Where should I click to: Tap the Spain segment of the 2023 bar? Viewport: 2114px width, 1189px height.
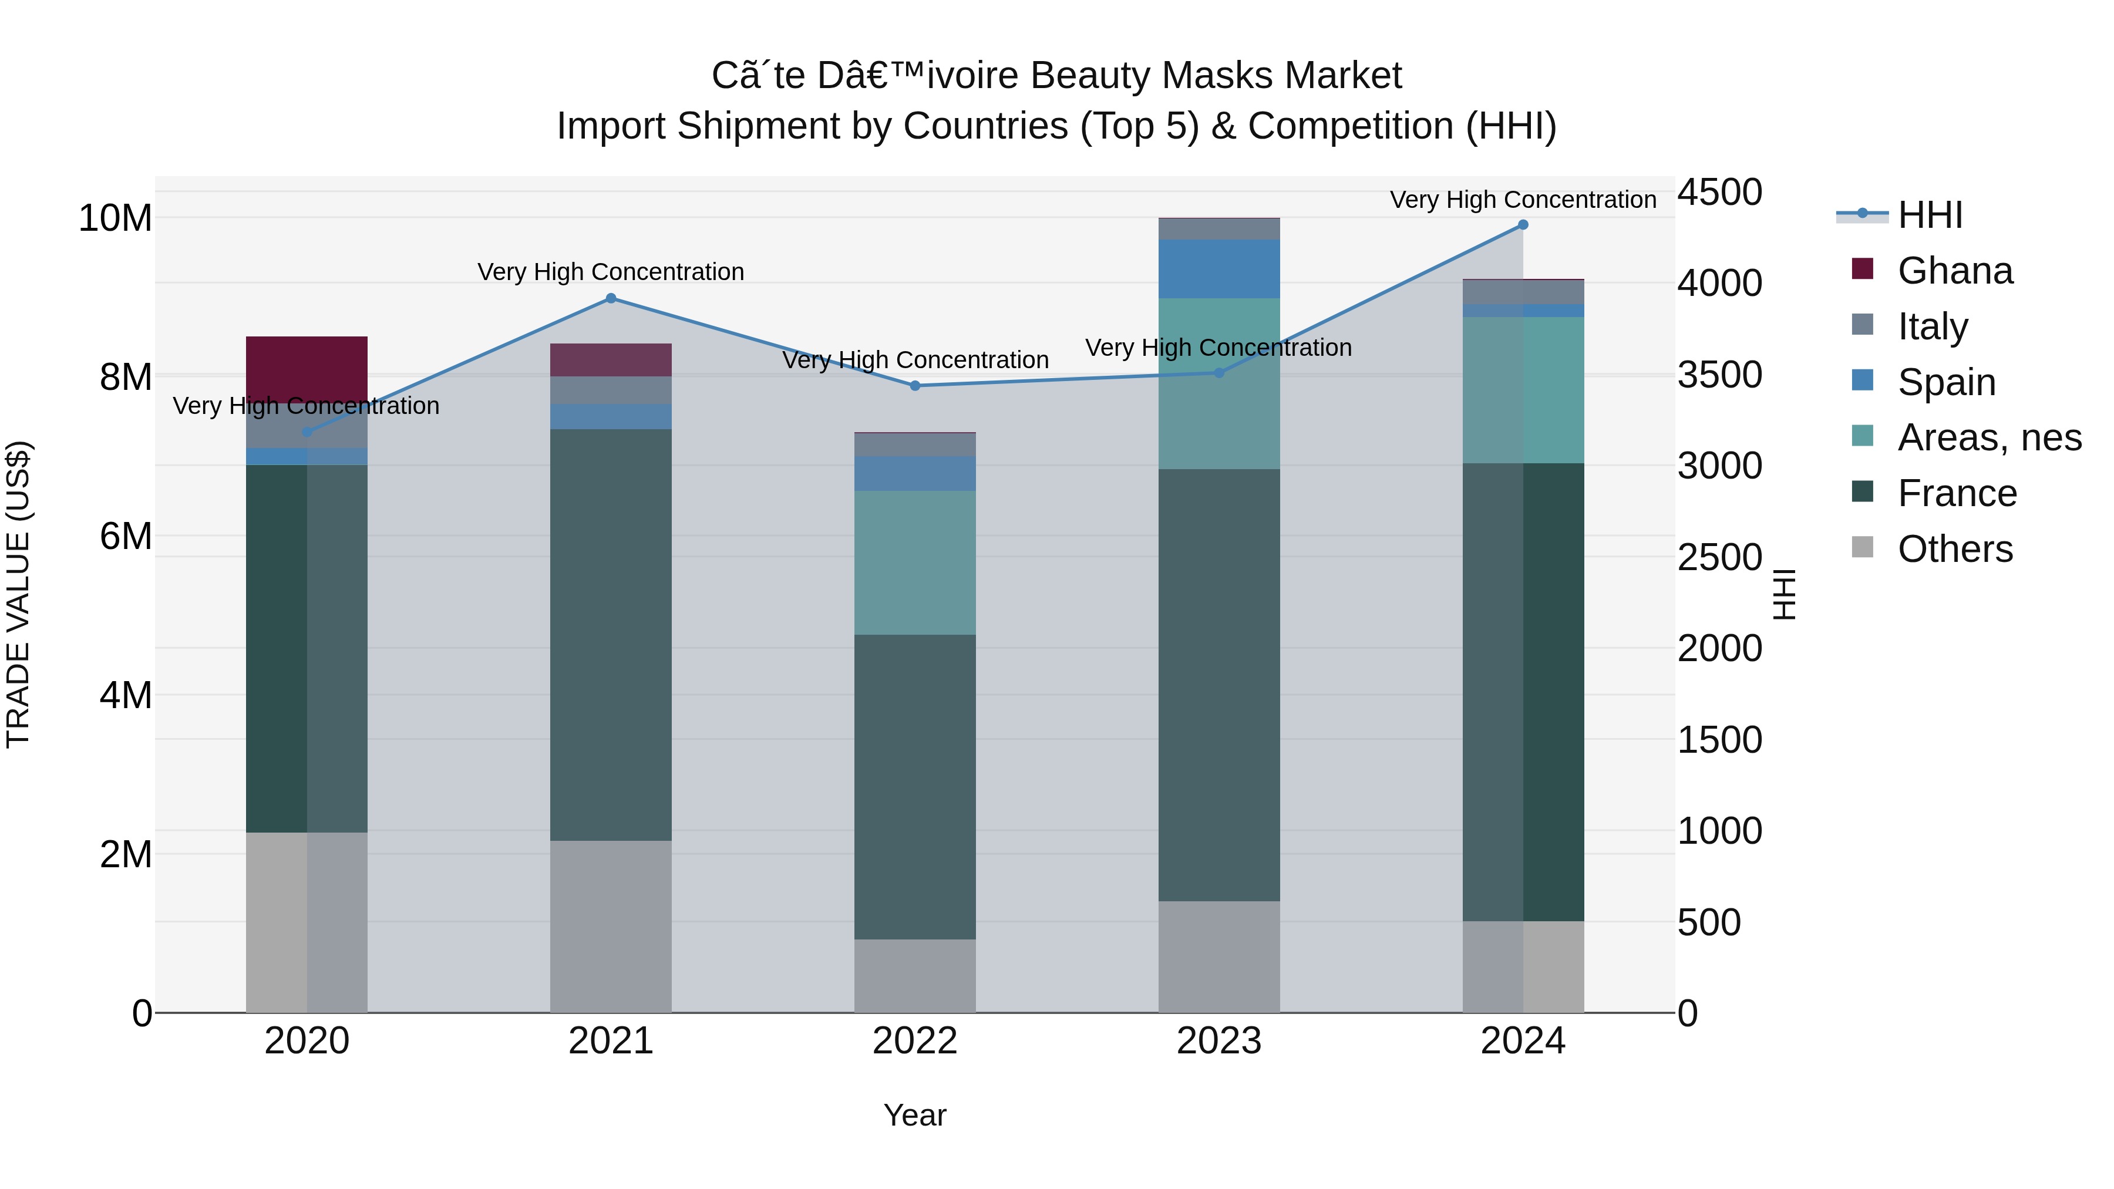(1218, 268)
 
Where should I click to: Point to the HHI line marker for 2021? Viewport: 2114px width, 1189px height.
(611, 299)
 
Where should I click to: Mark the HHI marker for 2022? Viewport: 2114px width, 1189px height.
(915, 386)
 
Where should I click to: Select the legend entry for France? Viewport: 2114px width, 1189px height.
(1957, 493)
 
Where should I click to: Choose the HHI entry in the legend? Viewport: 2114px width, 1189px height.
(1930, 215)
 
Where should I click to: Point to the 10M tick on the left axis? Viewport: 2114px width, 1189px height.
(115, 218)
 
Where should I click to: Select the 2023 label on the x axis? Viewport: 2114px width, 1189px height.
(1218, 1041)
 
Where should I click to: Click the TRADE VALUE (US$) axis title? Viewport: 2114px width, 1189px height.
(18, 594)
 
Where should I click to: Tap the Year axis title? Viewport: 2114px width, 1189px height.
(914, 1115)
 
